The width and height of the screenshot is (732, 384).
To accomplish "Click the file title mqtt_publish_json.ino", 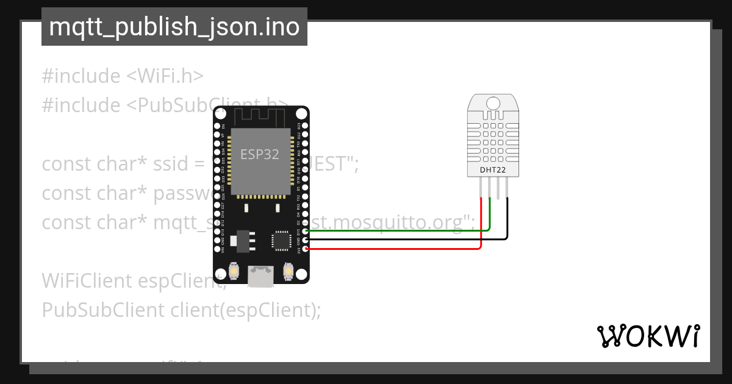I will click(x=174, y=27).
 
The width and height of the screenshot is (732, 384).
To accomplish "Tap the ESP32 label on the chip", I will click(x=260, y=154).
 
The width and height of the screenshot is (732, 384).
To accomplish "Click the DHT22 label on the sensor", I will click(x=493, y=169).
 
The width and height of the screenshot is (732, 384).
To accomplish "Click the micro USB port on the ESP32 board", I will click(x=260, y=276).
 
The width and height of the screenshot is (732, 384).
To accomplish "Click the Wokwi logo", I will click(x=648, y=336).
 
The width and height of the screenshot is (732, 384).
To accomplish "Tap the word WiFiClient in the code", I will click(x=87, y=280).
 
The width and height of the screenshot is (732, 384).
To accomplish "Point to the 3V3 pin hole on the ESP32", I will click(x=305, y=249).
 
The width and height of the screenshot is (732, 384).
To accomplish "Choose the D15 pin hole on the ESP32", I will click(x=305, y=232).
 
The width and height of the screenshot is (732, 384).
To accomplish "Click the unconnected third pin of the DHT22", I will click(x=498, y=190).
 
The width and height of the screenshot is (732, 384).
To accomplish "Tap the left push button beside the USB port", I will click(x=233, y=270).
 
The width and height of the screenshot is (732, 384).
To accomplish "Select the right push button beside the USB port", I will click(x=289, y=270).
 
